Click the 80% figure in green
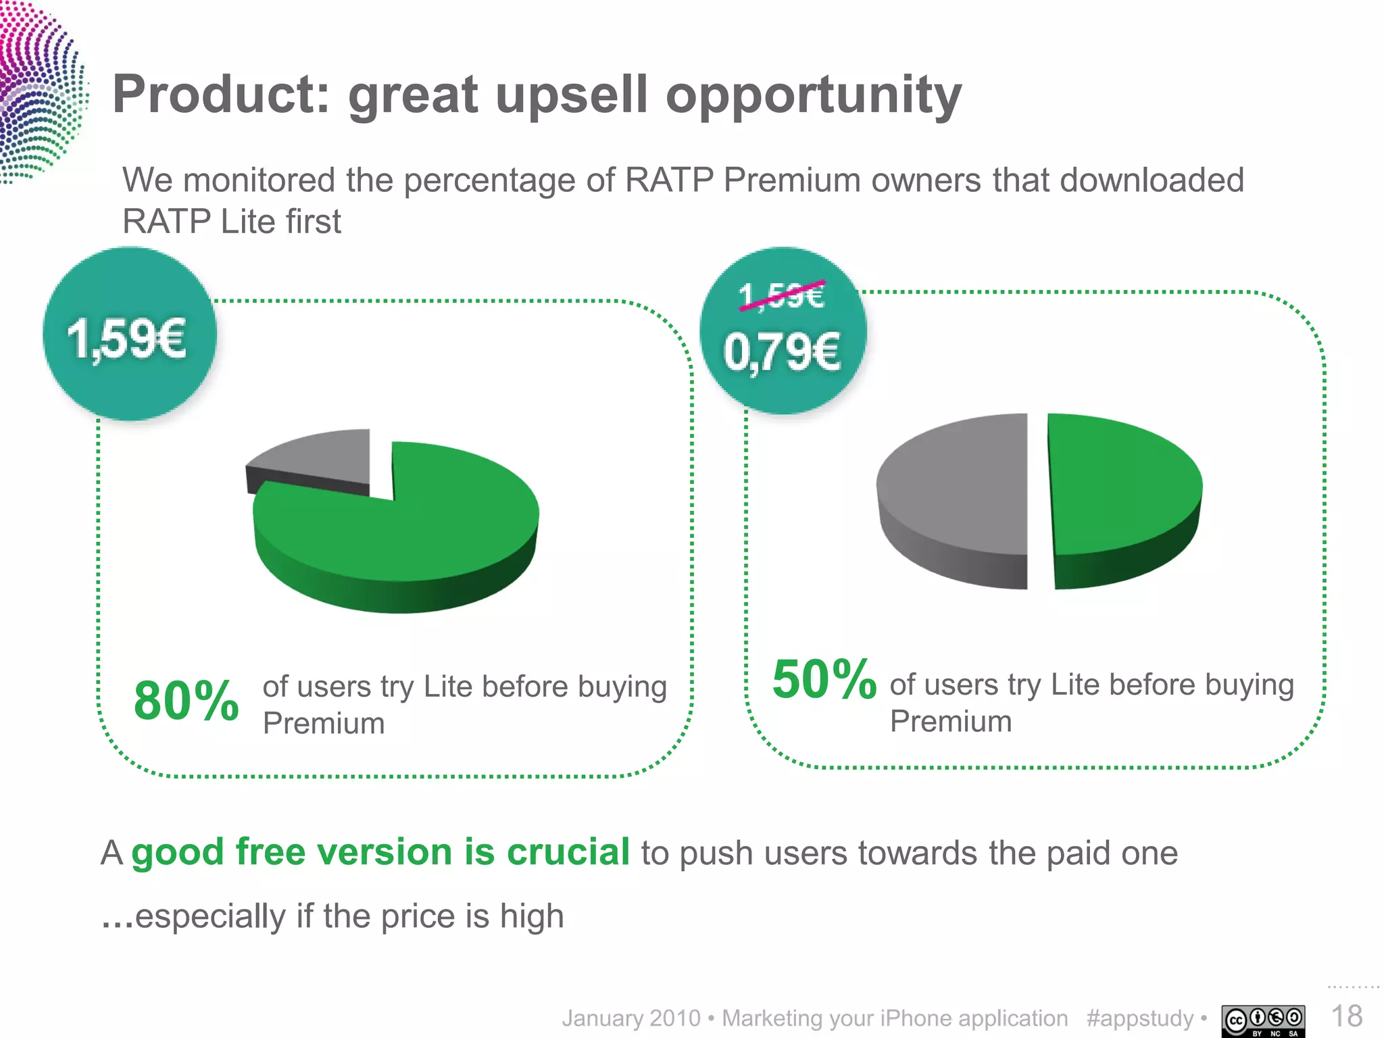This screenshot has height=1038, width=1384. tap(186, 701)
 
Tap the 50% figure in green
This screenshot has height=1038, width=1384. tap(824, 680)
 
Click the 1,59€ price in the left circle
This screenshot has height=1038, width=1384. tap(126, 340)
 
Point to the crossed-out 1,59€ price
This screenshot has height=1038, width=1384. tap(781, 296)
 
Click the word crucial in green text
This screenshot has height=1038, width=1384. tap(568, 851)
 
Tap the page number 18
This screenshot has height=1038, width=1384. tap(1346, 1016)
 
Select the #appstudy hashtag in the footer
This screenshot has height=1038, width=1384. tap(1140, 1018)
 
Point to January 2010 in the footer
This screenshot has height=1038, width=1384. tap(631, 1018)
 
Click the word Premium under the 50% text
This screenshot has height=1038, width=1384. tap(950, 722)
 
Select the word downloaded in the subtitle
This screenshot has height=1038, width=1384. tap(1152, 180)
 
